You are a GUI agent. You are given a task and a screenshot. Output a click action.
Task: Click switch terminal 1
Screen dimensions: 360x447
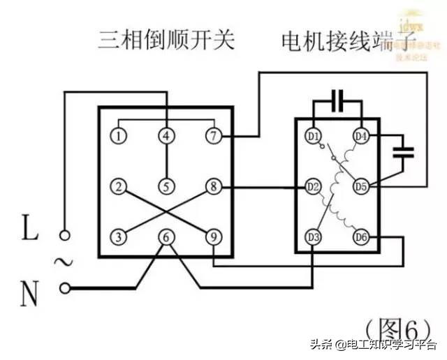click(120, 135)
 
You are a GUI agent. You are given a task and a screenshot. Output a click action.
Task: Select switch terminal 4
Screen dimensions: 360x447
click(166, 135)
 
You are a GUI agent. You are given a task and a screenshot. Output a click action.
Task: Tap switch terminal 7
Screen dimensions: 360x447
click(213, 135)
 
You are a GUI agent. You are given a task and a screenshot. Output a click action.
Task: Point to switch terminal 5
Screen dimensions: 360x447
click(166, 186)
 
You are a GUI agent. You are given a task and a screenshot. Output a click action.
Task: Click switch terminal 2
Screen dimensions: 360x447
click(120, 186)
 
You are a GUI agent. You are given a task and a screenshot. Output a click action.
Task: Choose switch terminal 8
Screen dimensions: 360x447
click(213, 186)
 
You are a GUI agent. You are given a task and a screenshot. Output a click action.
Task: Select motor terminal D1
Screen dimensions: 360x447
click(314, 135)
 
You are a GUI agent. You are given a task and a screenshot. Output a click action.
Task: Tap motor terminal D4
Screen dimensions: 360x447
click(360, 135)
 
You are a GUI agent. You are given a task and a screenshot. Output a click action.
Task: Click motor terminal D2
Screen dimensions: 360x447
click(314, 186)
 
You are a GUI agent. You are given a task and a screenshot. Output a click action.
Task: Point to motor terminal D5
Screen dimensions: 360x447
click(360, 186)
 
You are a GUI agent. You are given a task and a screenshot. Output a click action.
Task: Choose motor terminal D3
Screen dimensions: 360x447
click(314, 237)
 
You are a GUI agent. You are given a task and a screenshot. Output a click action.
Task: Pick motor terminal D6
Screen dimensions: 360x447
click(360, 237)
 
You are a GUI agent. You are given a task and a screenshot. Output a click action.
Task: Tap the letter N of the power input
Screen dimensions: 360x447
click(29, 294)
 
